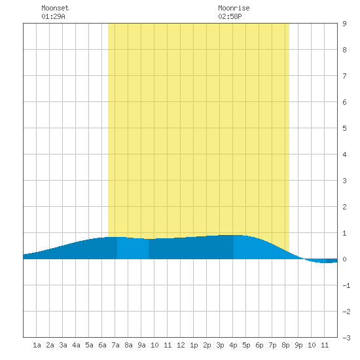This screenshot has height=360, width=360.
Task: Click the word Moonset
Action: [x=55, y=8]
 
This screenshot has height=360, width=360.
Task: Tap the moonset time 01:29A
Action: [x=53, y=16]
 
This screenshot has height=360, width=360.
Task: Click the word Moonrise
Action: [x=234, y=8]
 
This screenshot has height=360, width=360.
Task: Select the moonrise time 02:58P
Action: [x=230, y=16]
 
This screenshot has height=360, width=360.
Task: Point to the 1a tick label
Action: [x=37, y=345]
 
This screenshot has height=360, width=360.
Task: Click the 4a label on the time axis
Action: [x=76, y=345]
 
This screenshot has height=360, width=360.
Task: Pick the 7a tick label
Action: [x=115, y=345]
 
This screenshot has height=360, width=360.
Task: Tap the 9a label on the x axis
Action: [x=141, y=345]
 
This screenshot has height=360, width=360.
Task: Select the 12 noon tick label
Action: [x=181, y=345]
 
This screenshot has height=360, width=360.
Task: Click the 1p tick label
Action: [x=194, y=345]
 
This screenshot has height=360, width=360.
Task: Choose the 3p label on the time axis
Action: [x=220, y=345]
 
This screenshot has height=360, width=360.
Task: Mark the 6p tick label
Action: [x=259, y=345]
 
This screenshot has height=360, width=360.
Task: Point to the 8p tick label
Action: [x=285, y=345]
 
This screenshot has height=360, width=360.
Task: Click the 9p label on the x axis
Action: [x=298, y=345]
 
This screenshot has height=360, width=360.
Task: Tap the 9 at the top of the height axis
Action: [x=344, y=24]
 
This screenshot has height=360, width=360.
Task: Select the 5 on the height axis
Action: [x=344, y=128]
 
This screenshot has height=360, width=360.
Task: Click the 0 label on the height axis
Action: [x=344, y=259]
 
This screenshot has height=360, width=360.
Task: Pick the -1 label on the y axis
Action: [x=346, y=285]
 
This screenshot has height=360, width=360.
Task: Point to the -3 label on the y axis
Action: [x=346, y=338]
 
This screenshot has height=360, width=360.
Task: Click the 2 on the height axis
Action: [x=344, y=207]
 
